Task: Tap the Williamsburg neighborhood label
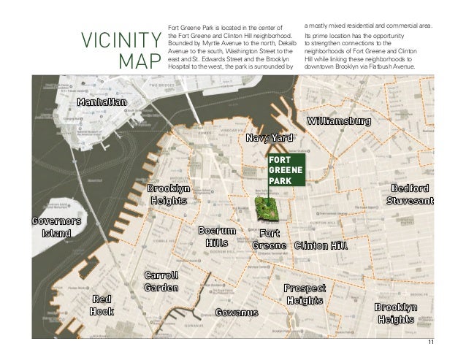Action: pyautogui.click(x=338, y=120)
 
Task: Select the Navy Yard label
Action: pyautogui.click(x=270, y=138)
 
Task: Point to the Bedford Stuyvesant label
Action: pyautogui.click(x=410, y=194)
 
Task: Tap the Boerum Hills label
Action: pyautogui.click(x=218, y=237)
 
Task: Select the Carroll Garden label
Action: pyautogui.click(x=161, y=281)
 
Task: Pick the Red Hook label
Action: pyautogui.click(x=102, y=305)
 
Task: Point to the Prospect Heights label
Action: pyautogui.click(x=305, y=294)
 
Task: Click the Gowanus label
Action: pyautogui.click(x=237, y=313)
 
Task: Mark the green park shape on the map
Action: pyautogui.click(x=267, y=210)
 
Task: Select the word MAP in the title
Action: pyautogui.click(x=138, y=61)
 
